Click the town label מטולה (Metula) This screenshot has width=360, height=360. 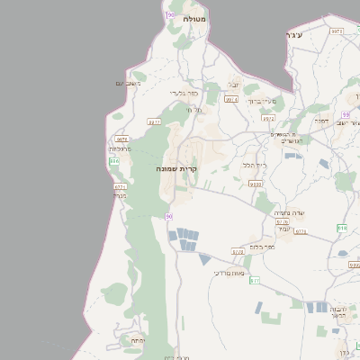193,18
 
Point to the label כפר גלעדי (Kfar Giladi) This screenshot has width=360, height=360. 183,92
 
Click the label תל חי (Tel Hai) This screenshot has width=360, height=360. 194,110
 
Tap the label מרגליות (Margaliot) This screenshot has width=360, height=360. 120,148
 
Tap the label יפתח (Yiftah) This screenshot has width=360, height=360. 138,341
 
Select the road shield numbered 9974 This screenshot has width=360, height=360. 231,99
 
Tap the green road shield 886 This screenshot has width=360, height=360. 113,160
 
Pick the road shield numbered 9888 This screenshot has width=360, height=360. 255,184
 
